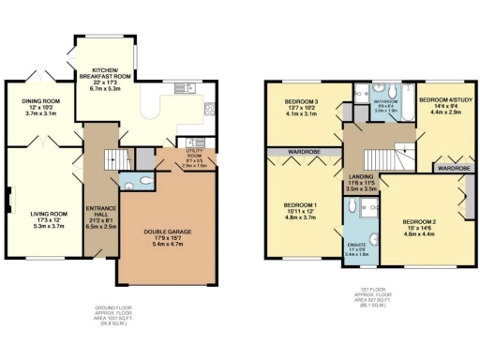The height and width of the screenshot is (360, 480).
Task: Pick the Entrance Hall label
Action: pyautogui.click(x=99, y=214)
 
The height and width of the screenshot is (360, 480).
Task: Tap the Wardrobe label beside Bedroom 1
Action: pyautogui.click(x=301, y=149)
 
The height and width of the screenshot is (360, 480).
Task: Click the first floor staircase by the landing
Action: pyautogui.click(x=385, y=163)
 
